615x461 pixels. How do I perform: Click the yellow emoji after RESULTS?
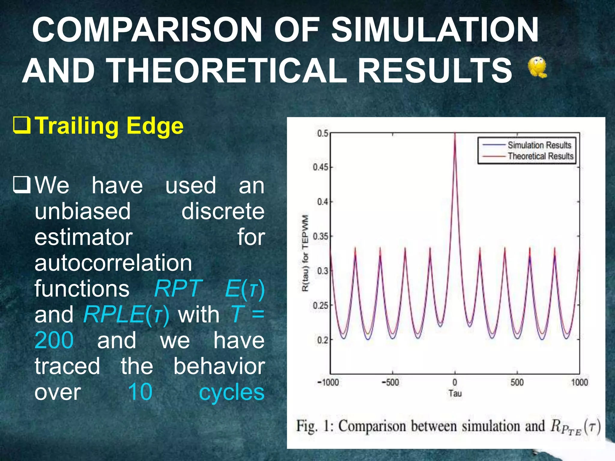[x=537, y=68]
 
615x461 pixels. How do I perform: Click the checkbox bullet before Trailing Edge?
[x=22, y=126]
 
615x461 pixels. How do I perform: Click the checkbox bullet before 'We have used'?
[x=22, y=185]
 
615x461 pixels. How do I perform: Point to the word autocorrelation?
[x=113, y=263]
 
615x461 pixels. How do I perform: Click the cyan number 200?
[x=54, y=340]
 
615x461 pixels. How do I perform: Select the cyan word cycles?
[x=232, y=392]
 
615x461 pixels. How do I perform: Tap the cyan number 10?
[x=140, y=392]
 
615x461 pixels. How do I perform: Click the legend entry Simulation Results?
[x=539, y=145]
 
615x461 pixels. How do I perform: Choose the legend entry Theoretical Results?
[x=540, y=156]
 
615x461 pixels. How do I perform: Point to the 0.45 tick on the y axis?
[x=321, y=167]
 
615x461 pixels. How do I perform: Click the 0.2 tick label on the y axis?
[x=323, y=340]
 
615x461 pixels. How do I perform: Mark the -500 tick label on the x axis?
[x=390, y=382]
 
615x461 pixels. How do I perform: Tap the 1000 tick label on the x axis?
[x=579, y=382]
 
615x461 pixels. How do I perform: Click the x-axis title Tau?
[x=455, y=393]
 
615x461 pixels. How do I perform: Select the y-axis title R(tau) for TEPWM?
[x=305, y=253]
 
